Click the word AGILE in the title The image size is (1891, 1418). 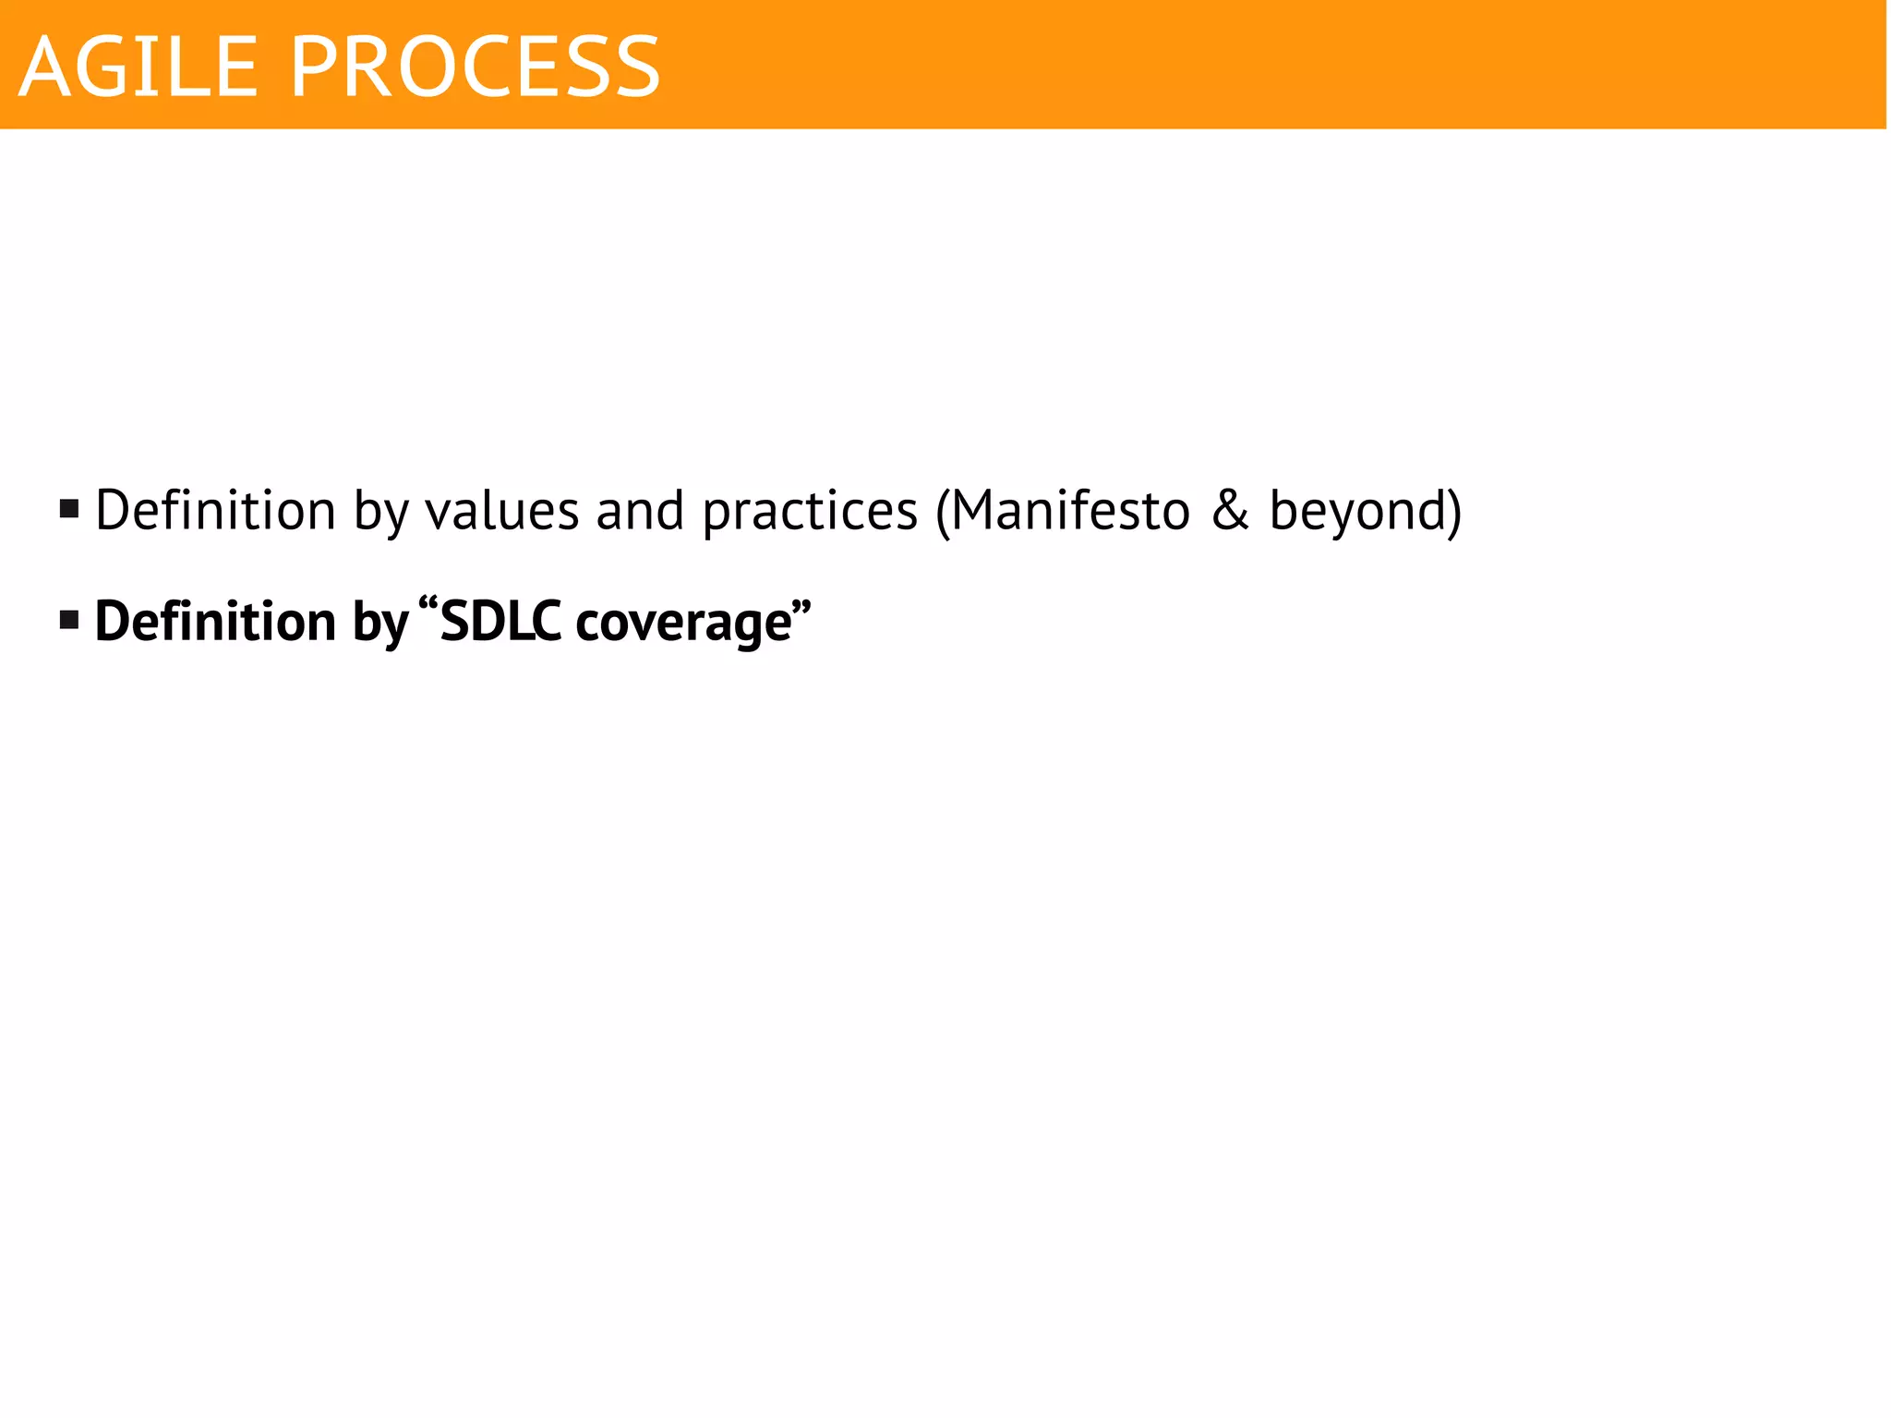(138, 67)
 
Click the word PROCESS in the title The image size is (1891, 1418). (476, 67)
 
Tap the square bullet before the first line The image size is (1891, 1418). (69, 509)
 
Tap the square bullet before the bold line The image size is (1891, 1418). (69, 620)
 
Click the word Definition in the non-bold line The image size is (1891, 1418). (215, 510)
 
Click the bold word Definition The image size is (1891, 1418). (215, 621)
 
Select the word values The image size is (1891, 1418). (501, 511)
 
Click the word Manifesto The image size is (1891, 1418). (1070, 510)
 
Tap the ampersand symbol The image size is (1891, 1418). (1230, 510)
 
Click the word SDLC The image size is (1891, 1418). (500, 621)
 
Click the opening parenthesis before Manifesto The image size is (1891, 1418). (942, 511)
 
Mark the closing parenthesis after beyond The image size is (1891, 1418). (1453, 511)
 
